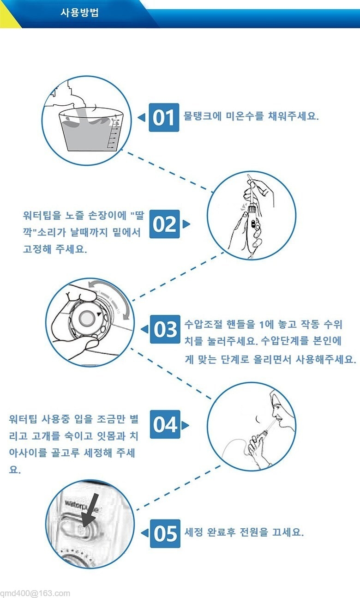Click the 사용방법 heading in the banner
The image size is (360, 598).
[79, 12]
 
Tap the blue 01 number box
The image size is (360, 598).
[164, 117]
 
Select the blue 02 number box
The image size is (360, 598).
[164, 224]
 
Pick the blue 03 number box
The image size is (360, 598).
[165, 329]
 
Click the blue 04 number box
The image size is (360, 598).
[165, 424]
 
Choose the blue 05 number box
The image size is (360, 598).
[165, 534]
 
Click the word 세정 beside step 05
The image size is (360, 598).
[194, 532]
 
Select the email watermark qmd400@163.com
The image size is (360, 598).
[35, 593]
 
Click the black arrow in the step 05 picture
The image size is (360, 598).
[90, 510]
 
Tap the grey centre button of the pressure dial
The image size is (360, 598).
[86, 318]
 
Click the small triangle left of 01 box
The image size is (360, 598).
[142, 117]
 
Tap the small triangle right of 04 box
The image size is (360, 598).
[185, 425]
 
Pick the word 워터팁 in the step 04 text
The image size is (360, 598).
[23, 419]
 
